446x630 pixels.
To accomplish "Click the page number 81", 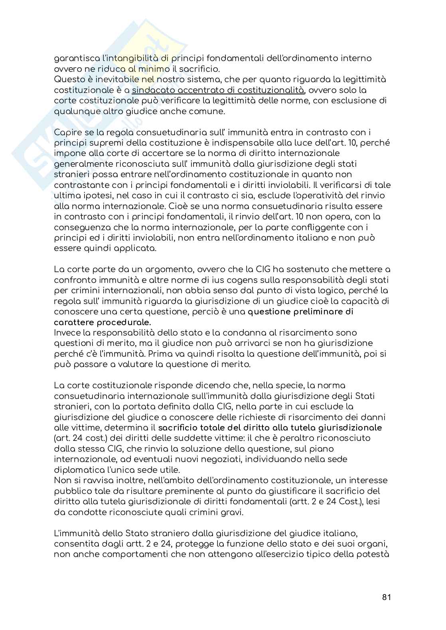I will [386, 597].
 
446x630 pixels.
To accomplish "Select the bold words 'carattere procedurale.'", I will [103, 322].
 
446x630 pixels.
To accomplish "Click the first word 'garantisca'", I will [73, 58].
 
